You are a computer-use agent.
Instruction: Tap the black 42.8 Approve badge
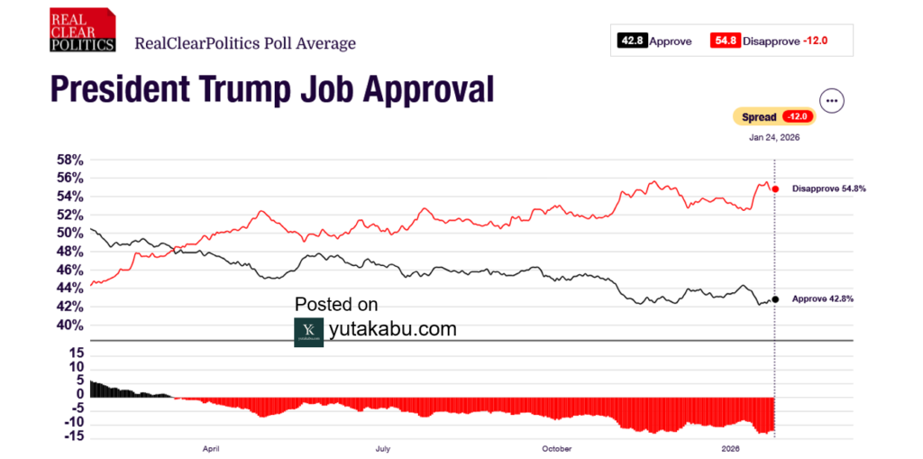click(x=631, y=41)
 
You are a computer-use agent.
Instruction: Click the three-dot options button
click(x=831, y=101)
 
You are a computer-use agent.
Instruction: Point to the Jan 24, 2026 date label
click(x=774, y=138)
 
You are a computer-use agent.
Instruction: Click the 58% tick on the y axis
click(x=70, y=160)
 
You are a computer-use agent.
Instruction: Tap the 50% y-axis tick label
click(x=70, y=233)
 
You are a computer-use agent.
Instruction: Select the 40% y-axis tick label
click(x=70, y=325)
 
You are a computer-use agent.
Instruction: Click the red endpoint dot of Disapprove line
click(x=775, y=188)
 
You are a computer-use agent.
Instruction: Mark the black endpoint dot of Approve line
click(x=775, y=298)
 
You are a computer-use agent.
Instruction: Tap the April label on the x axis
click(x=212, y=447)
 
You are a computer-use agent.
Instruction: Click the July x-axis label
click(x=382, y=447)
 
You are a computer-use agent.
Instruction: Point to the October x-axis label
click(x=558, y=447)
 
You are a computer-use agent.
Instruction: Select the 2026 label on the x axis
click(x=731, y=447)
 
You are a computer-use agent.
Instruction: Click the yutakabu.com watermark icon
click(x=308, y=331)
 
